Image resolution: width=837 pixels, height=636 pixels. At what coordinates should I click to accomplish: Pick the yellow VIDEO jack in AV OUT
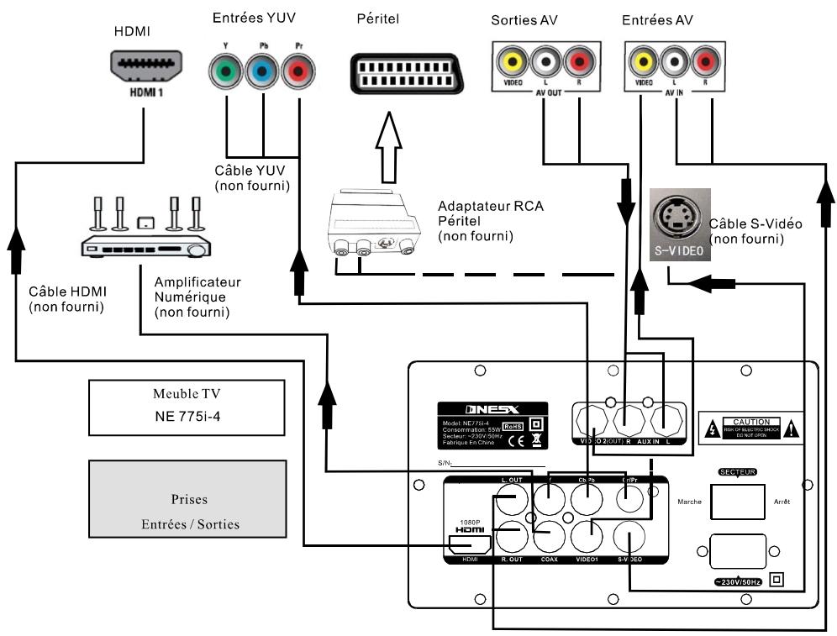(511, 60)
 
